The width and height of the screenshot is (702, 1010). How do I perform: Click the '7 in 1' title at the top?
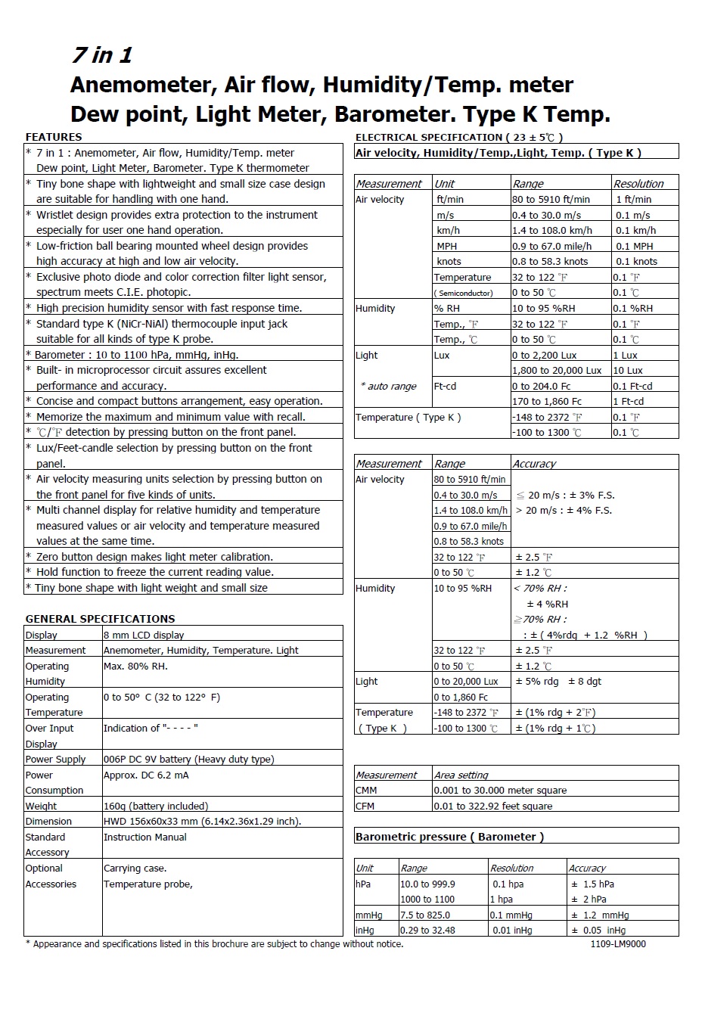[101, 55]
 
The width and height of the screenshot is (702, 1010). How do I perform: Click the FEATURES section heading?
[54, 137]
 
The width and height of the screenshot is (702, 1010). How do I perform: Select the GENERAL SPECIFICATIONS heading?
[100, 619]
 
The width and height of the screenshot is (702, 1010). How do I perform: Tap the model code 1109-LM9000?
[618, 943]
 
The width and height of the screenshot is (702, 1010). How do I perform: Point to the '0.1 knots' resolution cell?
[636, 261]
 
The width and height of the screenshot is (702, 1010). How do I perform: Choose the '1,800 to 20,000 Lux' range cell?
[557, 370]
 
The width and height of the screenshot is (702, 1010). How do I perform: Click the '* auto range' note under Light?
[389, 386]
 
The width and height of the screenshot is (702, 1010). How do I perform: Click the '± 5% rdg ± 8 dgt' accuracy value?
[558, 681]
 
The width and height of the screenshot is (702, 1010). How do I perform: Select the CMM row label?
[366, 790]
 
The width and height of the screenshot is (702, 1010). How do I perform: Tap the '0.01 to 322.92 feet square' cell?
[492, 806]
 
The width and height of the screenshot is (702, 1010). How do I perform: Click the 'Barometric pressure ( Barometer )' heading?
[449, 837]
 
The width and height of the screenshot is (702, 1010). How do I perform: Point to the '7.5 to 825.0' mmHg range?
[425, 915]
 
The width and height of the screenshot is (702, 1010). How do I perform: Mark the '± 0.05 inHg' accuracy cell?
[598, 930]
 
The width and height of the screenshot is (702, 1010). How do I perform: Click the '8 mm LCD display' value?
[144, 635]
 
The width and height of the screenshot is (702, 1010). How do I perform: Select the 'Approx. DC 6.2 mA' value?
[146, 775]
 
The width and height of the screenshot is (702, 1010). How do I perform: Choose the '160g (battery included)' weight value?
[156, 806]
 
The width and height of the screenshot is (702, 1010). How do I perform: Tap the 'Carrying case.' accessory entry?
[135, 868]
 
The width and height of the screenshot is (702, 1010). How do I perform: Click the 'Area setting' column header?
[461, 775]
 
